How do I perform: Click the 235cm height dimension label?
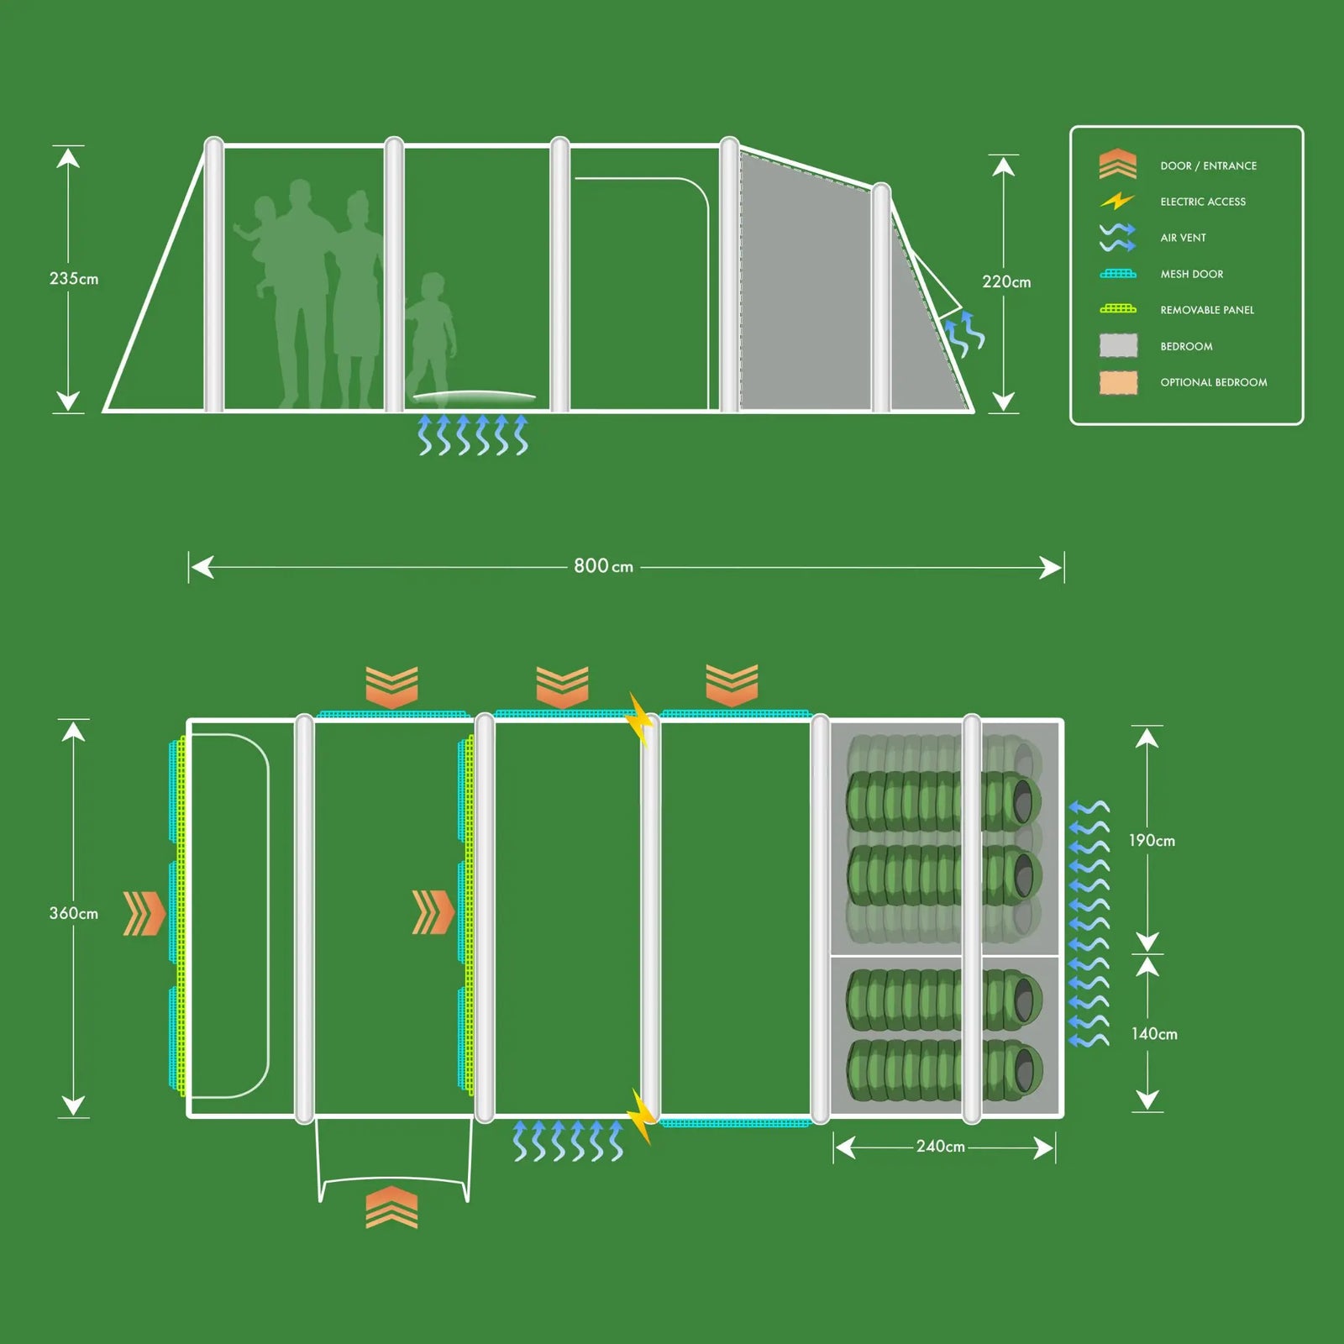pos(74,278)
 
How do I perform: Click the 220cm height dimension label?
pos(1006,281)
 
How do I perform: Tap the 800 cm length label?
pos(603,566)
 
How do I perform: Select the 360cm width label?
pos(74,913)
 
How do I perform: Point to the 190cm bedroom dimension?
pos(1152,840)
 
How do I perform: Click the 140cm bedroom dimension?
pos(1154,1033)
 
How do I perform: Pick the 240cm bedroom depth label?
pos(940,1147)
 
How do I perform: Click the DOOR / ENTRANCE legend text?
pos(1208,165)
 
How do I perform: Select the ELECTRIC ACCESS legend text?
pos(1203,202)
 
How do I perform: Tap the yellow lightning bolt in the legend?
pos(1117,202)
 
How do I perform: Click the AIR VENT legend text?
pos(1183,238)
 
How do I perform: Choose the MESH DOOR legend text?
pos(1191,274)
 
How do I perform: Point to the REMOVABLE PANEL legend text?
pos(1207,310)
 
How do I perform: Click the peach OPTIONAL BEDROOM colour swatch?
pos(1118,382)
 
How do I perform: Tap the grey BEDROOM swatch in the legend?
pos(1118,345)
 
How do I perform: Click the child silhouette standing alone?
pos(431,336)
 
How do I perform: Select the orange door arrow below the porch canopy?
pos(391,1207)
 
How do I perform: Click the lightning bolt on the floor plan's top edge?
pos(640,718)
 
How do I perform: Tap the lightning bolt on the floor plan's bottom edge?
pos(641,1116)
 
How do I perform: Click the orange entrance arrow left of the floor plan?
pos(144,913)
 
